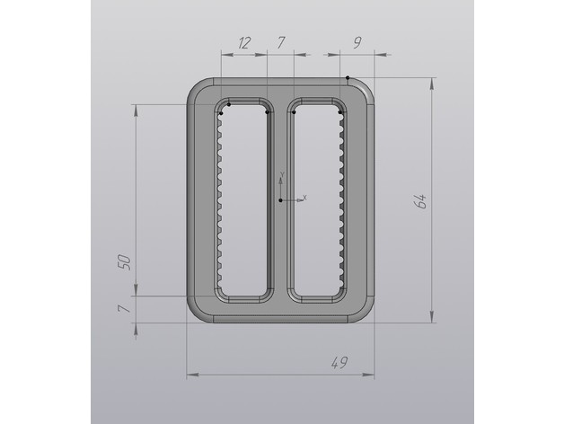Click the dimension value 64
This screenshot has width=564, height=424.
point(420,201)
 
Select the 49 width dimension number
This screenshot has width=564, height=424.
point(339,362)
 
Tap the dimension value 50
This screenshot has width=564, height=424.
point(124,262)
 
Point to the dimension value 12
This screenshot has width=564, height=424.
point(243,43)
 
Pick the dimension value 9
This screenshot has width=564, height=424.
point(357,42)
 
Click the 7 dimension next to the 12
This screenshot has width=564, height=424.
point(280,42)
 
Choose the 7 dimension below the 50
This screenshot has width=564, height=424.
point(123,308)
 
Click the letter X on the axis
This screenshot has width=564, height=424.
point(304,198)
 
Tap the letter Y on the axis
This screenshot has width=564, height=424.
point(282,174)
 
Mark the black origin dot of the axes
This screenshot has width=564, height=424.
point(280,200)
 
